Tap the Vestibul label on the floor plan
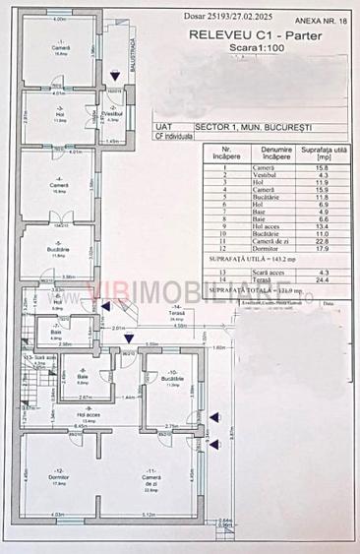coord(115,112)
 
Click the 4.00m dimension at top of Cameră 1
coord(58,19)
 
